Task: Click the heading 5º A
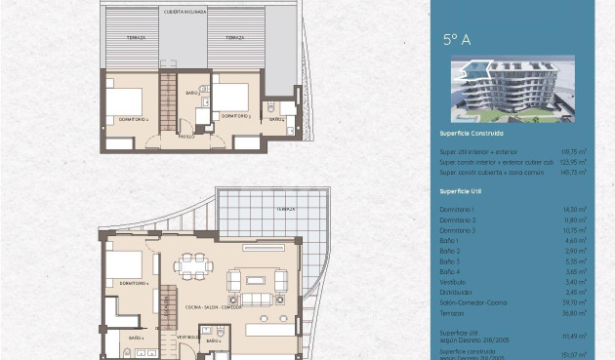coord(457,40)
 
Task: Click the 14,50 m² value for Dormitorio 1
coord(575,209)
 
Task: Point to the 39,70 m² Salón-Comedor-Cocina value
coord(575,302)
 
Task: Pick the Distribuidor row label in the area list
coord(456,291)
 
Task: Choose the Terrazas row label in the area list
coord(452,313)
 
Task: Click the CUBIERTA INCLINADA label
coord(185,13)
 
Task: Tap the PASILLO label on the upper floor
coord(185,137)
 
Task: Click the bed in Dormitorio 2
coord(124,100)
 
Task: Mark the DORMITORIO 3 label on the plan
coord(236,116)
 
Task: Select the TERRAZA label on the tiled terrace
coord(284,209)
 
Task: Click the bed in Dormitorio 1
coord(124,265)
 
